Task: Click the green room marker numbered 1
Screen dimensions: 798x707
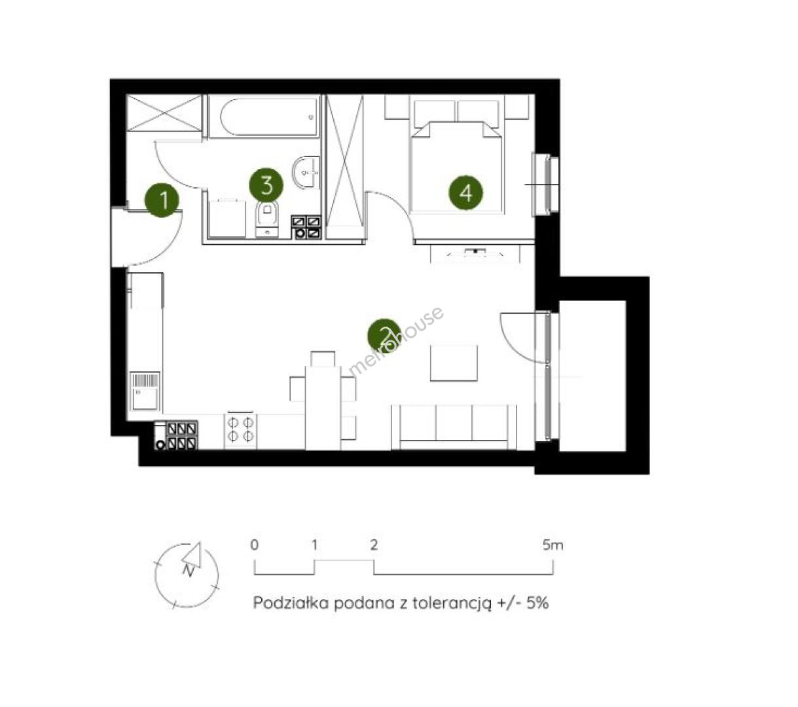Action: pyautogui.click(x=162, y=200)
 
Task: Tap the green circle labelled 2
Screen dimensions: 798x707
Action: pyautogui.click(x=384, y=336)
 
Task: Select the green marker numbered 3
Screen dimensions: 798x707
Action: pyautogui.click(x=266, y=185)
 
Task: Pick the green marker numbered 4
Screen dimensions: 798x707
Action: pyautogui.click(x=466, y=193)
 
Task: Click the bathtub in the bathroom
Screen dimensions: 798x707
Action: pyautogui.click(x=264, y=117)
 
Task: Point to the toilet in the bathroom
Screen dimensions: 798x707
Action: pyautogui.click(x=266, y=219)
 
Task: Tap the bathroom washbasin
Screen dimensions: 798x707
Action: pyautogui.click(x=306, y=172)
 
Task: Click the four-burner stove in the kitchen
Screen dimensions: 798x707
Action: pyautogui.click(x=240, y=431)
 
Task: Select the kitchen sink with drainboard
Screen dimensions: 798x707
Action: pyautogui.click(x=145, y=391)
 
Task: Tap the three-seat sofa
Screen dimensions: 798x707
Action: pyautogui.click(x=454, y=427)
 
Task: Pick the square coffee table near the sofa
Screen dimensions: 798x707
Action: pyautogui.click(x=454, y=363)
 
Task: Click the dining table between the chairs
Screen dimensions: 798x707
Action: pyautogui.click(x=323, y=408)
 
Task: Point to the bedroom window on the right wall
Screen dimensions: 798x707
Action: pyautogui.click(x=545, y=185)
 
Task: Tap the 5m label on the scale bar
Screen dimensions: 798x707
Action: pyautogui.click(x=553, y=545)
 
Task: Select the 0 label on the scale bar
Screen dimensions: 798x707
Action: pyautogui.click(x=255, y=545)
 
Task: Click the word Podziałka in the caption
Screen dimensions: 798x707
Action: pyautogui.click(x=291, y=603)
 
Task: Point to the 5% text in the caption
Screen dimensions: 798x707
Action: pyautogui.click(x=537, y=603)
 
